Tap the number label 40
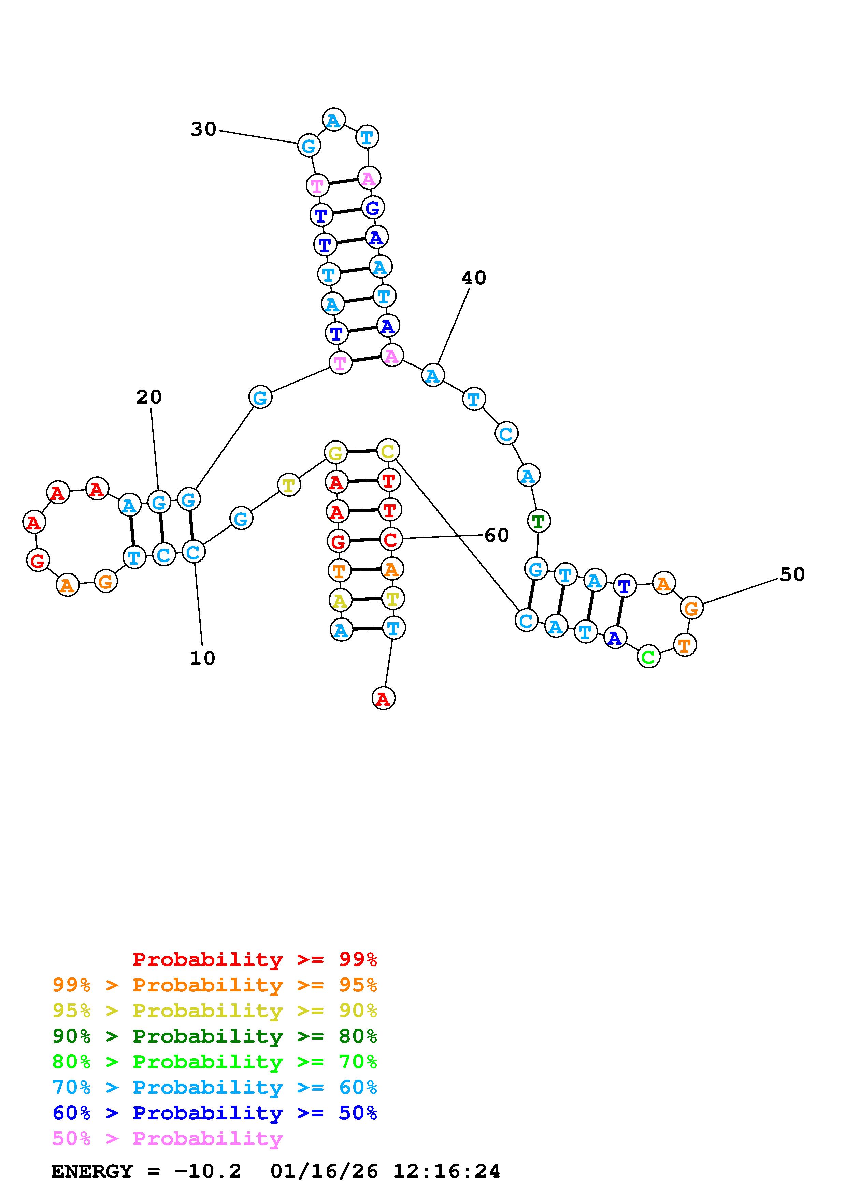(x=473, y=278)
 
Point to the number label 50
(x=792, y=574)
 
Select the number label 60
(x=496, y=535)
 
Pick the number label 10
(x=202, y=658)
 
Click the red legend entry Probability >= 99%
(x=255, y=959)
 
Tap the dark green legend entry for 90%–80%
(x=215, y=1036)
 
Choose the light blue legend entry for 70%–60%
(x=215, y=1087)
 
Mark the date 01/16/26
(x=324, y=1171)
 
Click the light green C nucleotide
(x=648, y=656)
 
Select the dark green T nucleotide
(x=539, y=520)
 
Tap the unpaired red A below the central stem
(x=383, y=699)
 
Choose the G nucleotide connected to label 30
(x=309, y=146)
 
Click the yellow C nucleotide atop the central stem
(x=387, y=451)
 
